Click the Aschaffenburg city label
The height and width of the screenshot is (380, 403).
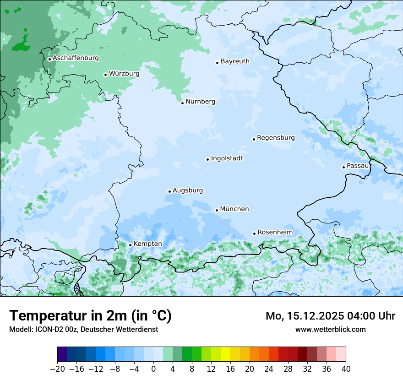pyautogui.click(x=76, y=58)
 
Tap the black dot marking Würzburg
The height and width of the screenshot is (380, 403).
pyautogui.click(x=105, y=75)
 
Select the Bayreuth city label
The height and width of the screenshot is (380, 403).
pyautogui.click(x=235, y=61)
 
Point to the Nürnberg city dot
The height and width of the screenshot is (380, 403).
pyautogui.click(x=182, y=103)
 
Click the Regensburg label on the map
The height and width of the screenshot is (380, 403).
pyautogui.click(x=276, y=138)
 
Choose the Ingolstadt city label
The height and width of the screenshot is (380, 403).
pyautogui.click(x=227, y=158)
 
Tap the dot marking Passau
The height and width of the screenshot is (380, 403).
pyautogui.click(x=343, y=167)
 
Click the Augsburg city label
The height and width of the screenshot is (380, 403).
pyautogui.click(x=188, y=190)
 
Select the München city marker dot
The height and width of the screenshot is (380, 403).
pyautogui.click(x=217, y=211)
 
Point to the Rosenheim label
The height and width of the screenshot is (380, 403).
pyautogui.click(x=275, y=233)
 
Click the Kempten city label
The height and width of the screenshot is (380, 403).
pyautogui.click(x=147, y=244)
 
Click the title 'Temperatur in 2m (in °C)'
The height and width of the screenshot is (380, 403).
pyautogui.click(x=90, y=316)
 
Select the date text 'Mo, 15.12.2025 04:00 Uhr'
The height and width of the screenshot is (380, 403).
pyautogui.click(x=330, y=316)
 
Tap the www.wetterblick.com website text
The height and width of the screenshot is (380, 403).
pyautogui.click(x=330, y=329)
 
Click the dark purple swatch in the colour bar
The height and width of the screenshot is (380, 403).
pyautogui.click(x=62, y=354)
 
